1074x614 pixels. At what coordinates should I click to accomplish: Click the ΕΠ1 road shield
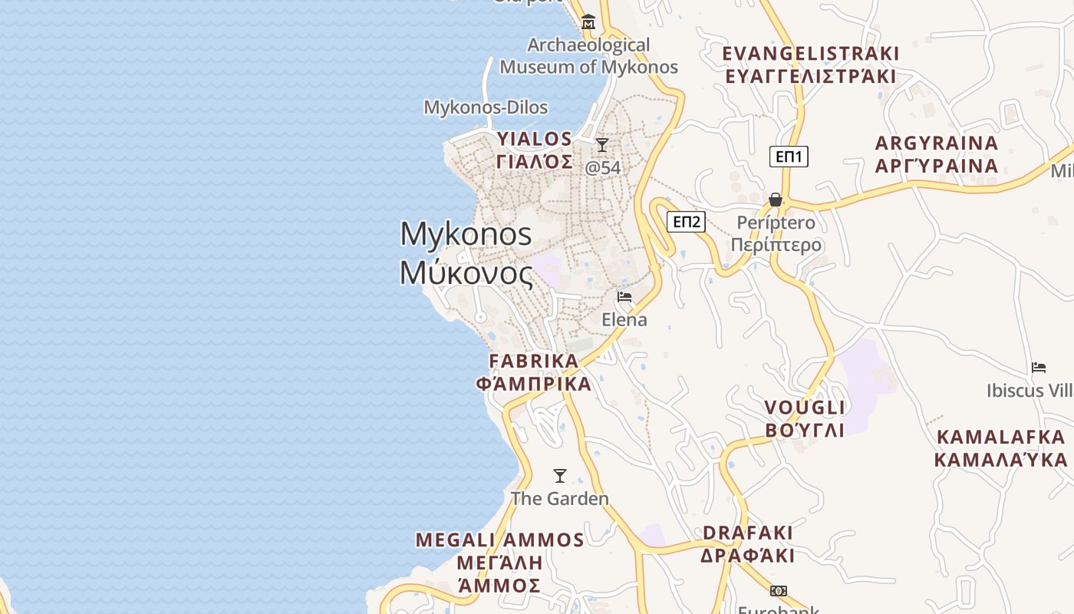coord(789,157)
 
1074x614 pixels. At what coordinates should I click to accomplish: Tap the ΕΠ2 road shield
coord(686,222)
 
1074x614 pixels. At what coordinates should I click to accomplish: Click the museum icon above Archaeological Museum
coord(588,22)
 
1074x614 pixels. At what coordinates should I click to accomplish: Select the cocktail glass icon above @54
coord(602,145)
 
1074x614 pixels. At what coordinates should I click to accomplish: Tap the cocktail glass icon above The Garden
coord(560,476)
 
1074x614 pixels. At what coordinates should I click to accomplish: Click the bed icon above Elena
coord(624,297)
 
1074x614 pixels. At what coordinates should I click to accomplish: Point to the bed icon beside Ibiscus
coord(1039,368)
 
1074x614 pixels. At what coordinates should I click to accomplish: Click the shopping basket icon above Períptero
coord(776,200)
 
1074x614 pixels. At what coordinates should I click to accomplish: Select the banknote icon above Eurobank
coord(779,591)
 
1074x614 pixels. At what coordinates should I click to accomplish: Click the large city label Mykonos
coord(466,233)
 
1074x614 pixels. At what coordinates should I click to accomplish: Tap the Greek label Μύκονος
coord(466,273)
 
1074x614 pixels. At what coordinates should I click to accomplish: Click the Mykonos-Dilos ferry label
coord(486,107)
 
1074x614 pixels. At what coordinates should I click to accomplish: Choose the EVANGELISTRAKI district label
coord(811,54)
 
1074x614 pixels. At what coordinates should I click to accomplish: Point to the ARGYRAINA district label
coord(937,144)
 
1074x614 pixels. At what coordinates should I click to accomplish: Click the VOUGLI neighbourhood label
coord(805,408)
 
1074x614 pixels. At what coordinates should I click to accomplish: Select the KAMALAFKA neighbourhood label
coord(1000,437)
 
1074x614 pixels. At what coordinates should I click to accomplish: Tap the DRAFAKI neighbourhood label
coord(748,533)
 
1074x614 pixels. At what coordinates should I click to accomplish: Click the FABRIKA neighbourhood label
coord(534,361)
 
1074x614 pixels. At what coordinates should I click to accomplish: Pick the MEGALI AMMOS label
coord(500,540)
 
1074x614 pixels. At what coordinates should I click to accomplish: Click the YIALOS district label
coord(535,140)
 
